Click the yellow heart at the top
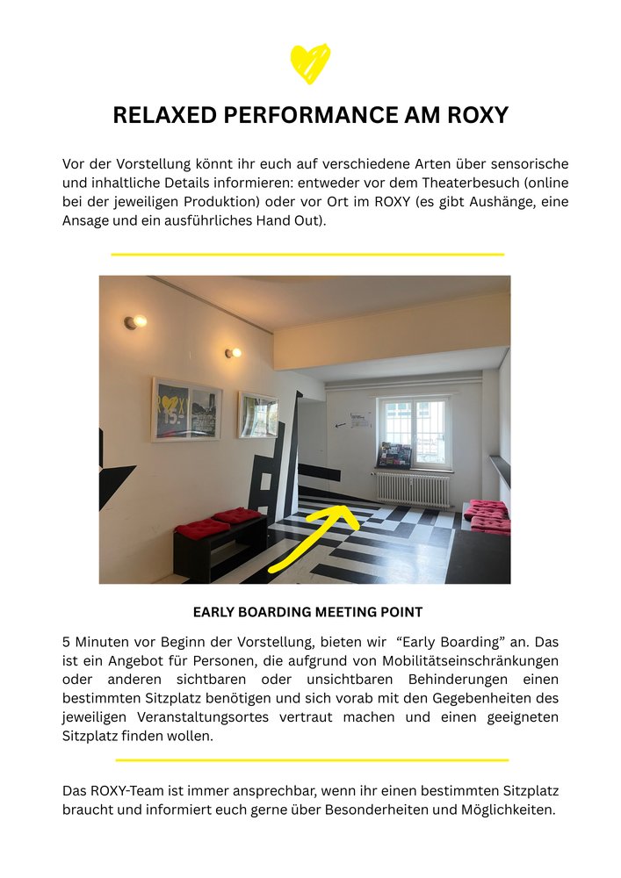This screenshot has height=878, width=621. pyautogui.click(x=310, y=63)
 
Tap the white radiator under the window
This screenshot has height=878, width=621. pyautogui.click(x=412, y=489)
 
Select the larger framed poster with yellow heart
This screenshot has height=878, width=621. pyautogui.click(x=186, y=410)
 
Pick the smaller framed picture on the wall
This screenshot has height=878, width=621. pyautogui.click(x=258, y=414)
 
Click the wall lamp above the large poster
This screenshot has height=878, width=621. pyautogui.click(x=134, y=322)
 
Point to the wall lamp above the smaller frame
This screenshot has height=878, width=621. pyautogui.click(x=232, y=353)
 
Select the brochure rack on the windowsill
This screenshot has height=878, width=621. pyautogui.click(x=394, y=456)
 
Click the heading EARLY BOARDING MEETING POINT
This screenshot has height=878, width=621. pyautogui.click(x=307, y=612)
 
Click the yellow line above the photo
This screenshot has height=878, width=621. pyautogui.click(x=307, y=255)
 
